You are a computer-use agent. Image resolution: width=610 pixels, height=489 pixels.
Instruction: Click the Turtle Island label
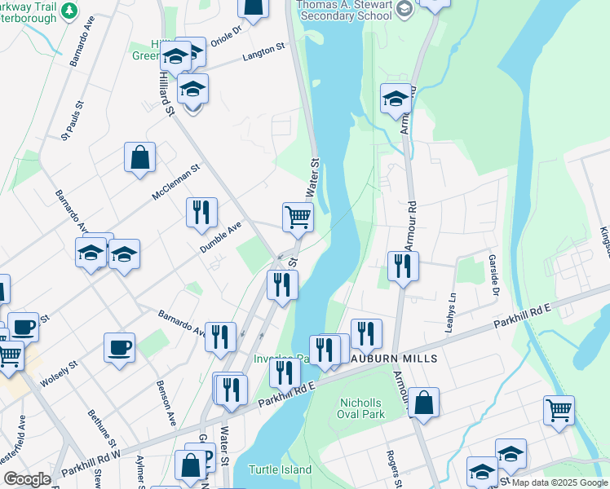(x=280, y=469)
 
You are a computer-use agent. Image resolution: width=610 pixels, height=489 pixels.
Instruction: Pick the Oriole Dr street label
(x=226, y=34)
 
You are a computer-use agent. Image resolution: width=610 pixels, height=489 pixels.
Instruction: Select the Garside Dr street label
(x=494, y=277)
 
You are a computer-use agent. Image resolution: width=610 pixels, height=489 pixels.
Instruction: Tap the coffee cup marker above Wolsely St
(x=119, y=347)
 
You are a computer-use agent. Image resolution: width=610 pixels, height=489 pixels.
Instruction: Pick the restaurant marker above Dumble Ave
(x=201, y=212)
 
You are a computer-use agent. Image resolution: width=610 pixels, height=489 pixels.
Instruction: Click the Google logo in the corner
(x=27, y=479)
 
